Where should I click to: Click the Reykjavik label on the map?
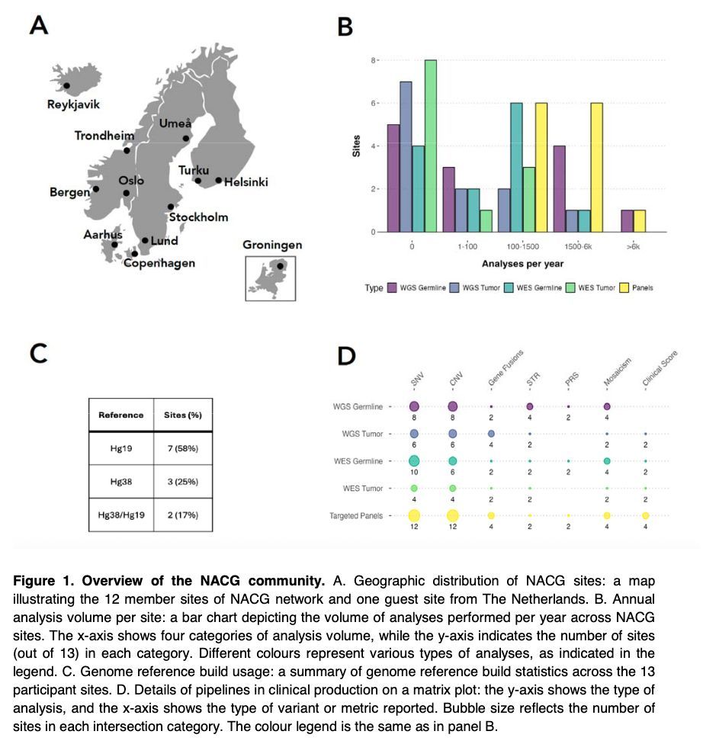pos(74,104)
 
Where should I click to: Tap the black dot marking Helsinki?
pos(218,181)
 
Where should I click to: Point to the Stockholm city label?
pos(198,217)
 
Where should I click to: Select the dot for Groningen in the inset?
pos(281,267)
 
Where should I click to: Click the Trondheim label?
pos(104,136)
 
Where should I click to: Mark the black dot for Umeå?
pos(185,139)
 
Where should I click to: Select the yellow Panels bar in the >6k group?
pos(640,220)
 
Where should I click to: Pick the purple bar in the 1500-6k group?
pos(560,188)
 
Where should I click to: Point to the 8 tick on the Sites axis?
pos(373,60)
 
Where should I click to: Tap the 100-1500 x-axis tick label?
pos(523,247)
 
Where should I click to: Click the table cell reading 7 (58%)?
pos(182,448)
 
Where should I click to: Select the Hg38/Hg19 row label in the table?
pos(120,515)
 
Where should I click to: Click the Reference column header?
pos(120,415)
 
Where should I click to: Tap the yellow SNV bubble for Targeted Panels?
pos(414,516)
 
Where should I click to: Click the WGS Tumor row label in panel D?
pos(362,434)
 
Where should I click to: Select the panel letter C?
pos(38,354)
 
